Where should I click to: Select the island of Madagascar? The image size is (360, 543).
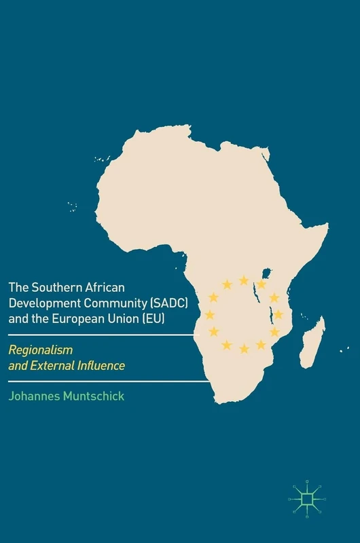(x=312, y=343)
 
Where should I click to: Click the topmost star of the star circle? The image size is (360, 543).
(x=244, y=280)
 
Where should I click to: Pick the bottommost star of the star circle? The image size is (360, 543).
(x=244, y=349)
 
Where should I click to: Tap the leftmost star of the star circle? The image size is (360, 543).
(x=210, y=314)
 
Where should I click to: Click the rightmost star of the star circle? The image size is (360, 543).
(x=278, y=314)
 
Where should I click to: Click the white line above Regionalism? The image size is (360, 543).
(x=102, y=335)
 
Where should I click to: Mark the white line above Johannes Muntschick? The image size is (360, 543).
(x=102, y=381)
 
